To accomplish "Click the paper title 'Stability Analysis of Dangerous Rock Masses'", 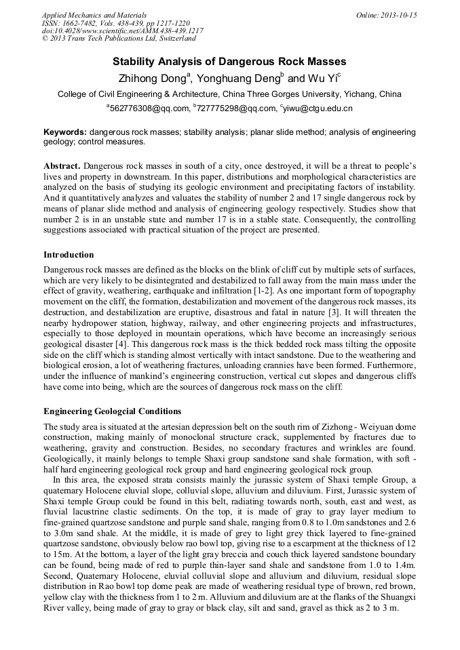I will pos(229,62).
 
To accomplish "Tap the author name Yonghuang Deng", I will pos(237,78).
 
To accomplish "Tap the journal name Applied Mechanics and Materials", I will pos(94,15).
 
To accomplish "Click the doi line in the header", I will pos(122,31).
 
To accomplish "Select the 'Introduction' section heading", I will pos(69,255).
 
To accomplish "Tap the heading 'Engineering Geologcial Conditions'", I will pos(112,411).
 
